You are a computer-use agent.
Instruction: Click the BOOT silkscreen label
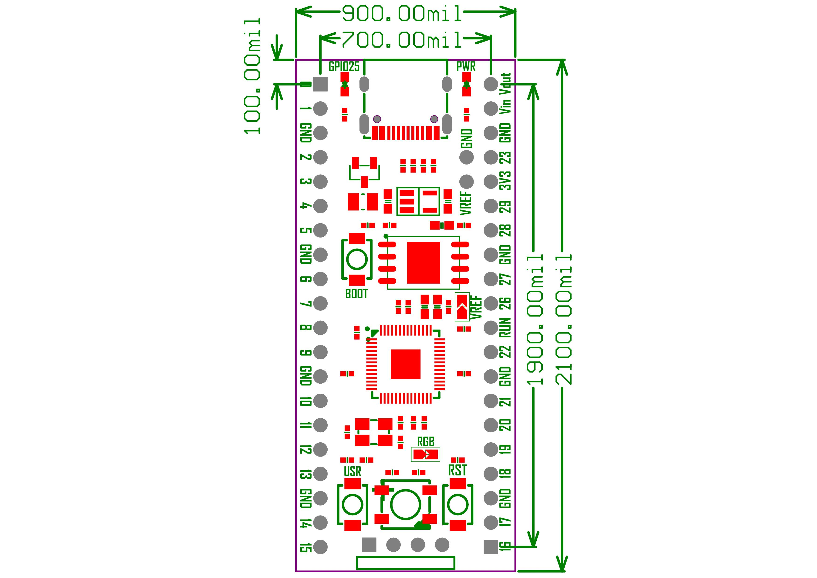click(x=356, y=294)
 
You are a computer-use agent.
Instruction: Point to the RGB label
click(x=426, y=442)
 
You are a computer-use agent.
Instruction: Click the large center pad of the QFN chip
click(x=405, y=364)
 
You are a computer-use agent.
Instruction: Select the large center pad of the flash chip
click(x=424, y=263)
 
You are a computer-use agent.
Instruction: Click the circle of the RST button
click(x=458, y=504)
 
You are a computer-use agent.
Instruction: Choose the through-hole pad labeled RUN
click(x=491, y=328)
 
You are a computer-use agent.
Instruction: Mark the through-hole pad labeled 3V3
click(x=491, y=182)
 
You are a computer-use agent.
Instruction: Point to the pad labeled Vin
click(x=491, y=108)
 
